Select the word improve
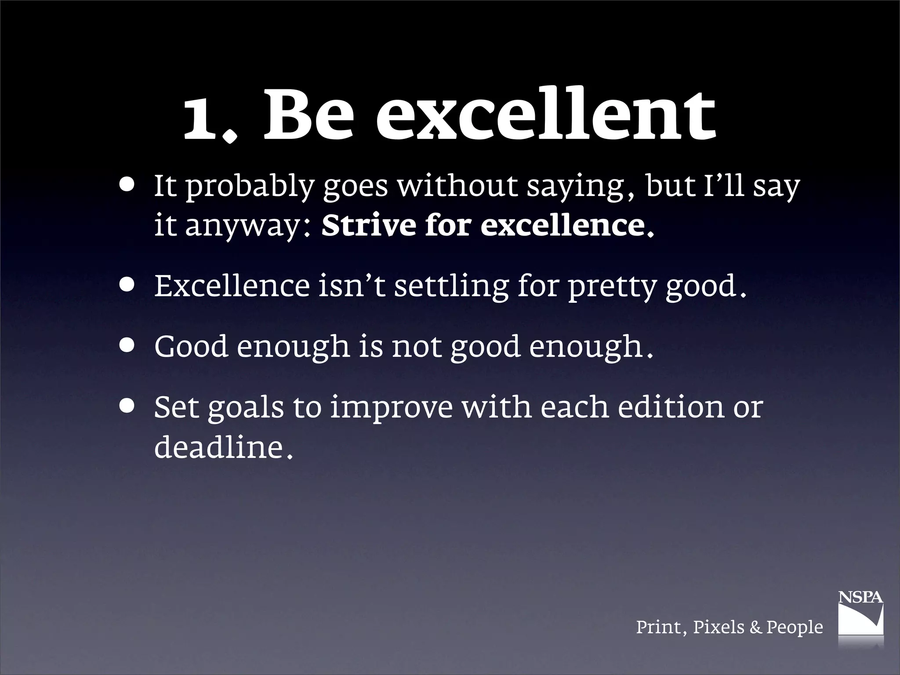pyautogui.click(x=391, y=409)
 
